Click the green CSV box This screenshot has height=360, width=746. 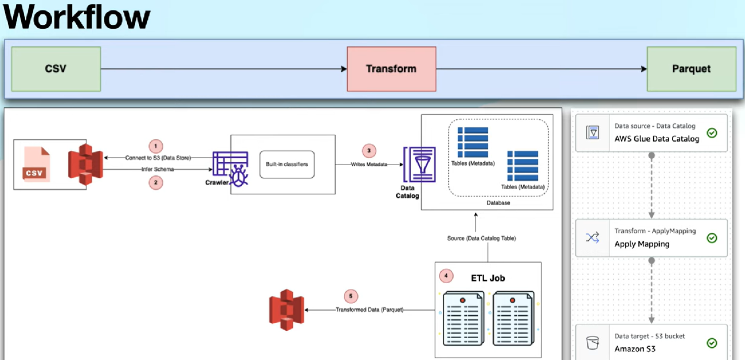[x=56, y=69]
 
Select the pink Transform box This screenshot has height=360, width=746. [x=391, y=69]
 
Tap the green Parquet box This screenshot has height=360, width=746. [x=691, y=69]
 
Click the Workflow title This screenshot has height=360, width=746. [x=77, y=17]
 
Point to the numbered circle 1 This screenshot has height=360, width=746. [x=155, y=145]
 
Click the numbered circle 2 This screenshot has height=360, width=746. [x=155, y=182]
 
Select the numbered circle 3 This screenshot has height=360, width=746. [x=369, y=151]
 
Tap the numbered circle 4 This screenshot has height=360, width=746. [x=446, y=276]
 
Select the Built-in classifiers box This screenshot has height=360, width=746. [x=286, y=165]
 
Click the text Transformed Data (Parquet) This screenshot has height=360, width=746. [x=369, y=310]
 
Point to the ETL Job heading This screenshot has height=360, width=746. [x=488, y=279]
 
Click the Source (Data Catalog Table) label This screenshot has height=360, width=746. [x=481, y=238]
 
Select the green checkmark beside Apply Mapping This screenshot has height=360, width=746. [x=712, y=237]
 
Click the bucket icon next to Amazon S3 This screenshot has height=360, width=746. [x=592, y=343]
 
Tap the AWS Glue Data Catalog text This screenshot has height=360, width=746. [x=657, y=139]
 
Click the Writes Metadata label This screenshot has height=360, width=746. [x=369, y=165]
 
